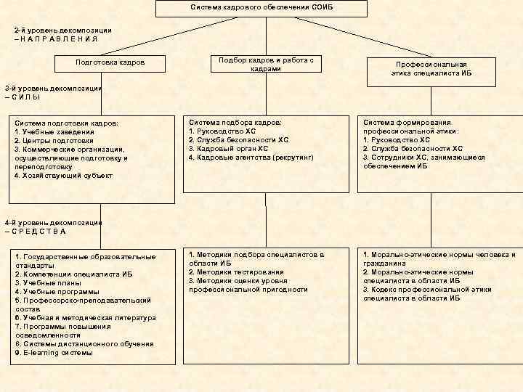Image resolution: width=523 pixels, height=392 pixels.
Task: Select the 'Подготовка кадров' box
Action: [x=110, y=62]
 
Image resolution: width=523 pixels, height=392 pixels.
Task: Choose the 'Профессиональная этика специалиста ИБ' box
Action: [x=431, y=69]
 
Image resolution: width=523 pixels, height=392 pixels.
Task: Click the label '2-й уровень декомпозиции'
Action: [x=62, y=30]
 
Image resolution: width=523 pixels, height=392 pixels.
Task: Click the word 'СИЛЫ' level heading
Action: [x=28, y=97]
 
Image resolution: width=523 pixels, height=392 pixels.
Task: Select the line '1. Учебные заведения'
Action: [x=54, y=132]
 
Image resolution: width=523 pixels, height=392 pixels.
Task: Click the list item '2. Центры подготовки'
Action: [x=54, y=140]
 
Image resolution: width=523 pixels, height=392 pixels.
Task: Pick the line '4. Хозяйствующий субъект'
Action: [x=63, y=175]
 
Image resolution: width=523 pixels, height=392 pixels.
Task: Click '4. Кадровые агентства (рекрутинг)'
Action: [x=251, y=158]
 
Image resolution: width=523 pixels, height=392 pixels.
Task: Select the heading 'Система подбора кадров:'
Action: [x=235, y=123]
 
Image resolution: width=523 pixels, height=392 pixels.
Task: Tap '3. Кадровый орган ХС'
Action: [x=228, y=149]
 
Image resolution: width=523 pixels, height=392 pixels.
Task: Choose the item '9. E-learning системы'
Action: [x=54, y=353]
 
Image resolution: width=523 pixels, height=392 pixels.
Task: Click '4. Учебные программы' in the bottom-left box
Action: [x=57, y=292]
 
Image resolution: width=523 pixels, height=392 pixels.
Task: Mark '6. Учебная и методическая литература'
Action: [x=84, y=318]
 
